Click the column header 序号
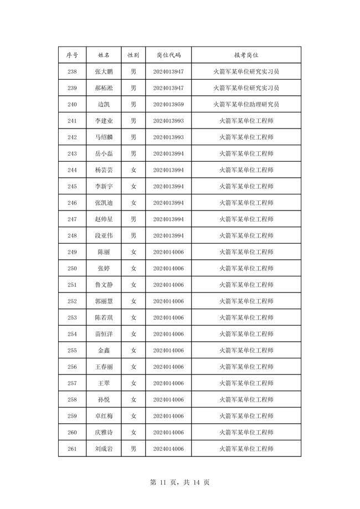tap(72, 55)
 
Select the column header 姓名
tap(104, 55)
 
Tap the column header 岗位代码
tap(168, 55)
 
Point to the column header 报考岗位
tap(246, 55)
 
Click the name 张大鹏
tap(104, 71)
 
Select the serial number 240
tap(72, 104)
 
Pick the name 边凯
tap(104, 104)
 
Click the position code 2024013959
tap(168, 104)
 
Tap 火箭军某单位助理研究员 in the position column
tap(246, 104)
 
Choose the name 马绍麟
tap(104, 137)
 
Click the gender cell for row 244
tap(133, 170)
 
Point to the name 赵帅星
tap(104, 219)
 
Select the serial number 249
tap(72, 252)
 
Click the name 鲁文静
tap(104, 285)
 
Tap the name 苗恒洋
tap(104, 334)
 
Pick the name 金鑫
tap(104, 351)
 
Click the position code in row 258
tap(168, 400)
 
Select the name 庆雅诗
tap(104, 433)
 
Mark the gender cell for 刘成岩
tap(133, 449)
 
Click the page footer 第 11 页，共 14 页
tap(179, 482)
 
